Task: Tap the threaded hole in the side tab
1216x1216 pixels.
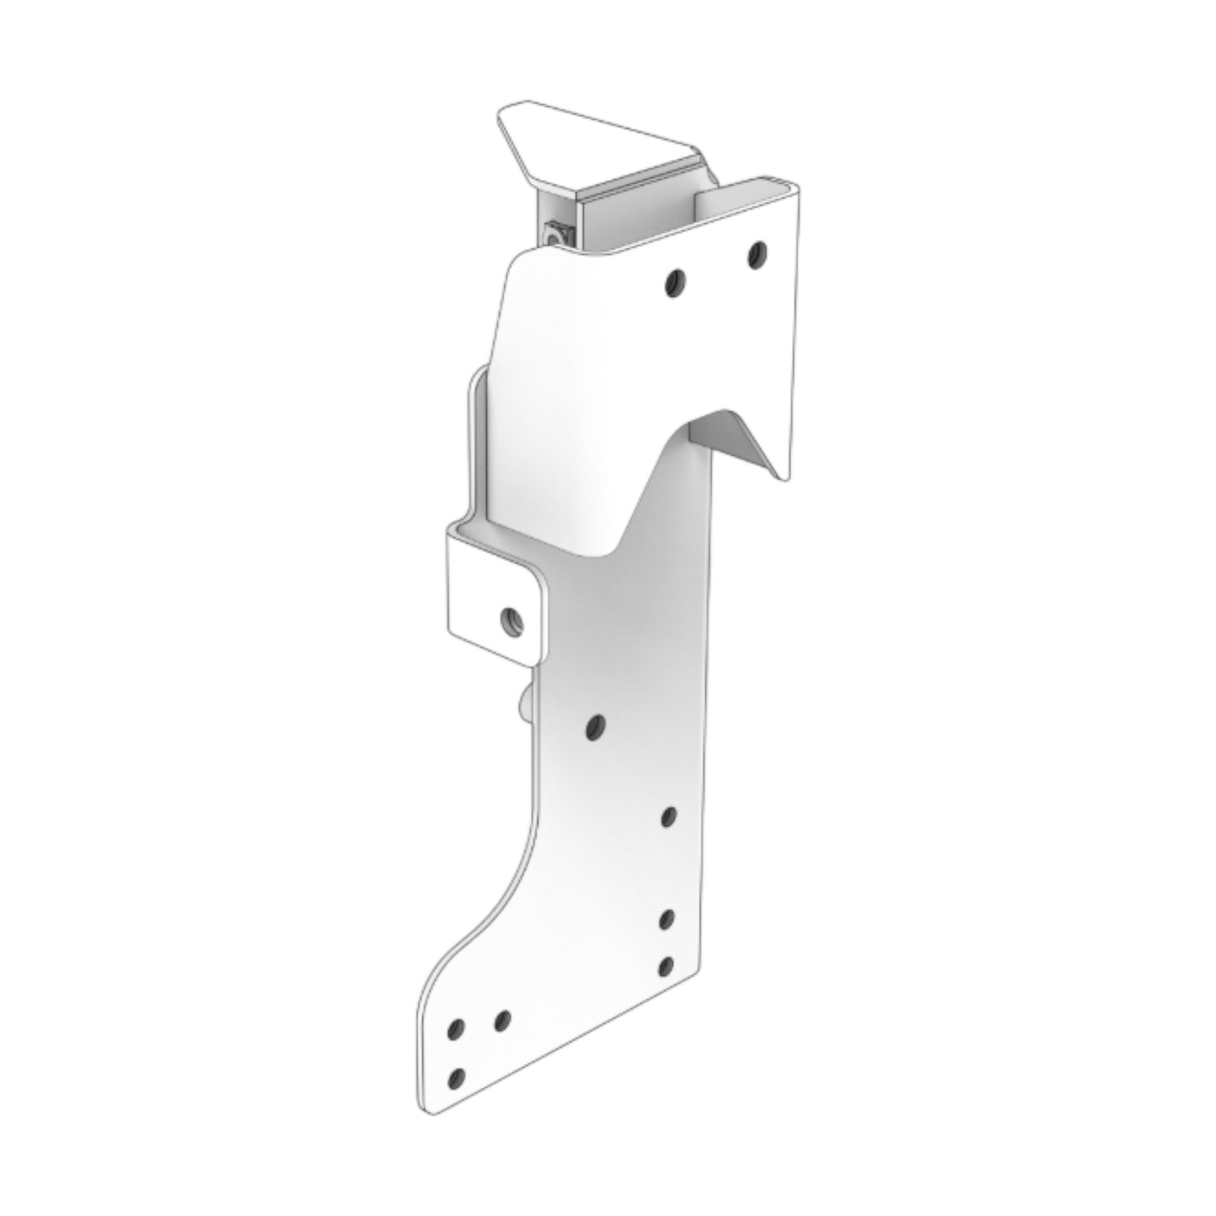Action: point(512,620)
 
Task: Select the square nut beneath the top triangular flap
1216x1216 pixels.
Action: point(556,231)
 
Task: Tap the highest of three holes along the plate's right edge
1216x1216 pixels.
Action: point(669,815)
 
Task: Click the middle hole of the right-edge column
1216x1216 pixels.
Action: point(667,919)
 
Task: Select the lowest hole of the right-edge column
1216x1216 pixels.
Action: point(666,966)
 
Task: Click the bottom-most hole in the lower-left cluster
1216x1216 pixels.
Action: point(458,1077)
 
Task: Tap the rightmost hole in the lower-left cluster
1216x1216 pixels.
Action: point(502,1020)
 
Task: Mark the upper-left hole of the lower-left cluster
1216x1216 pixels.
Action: point(457,1028)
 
